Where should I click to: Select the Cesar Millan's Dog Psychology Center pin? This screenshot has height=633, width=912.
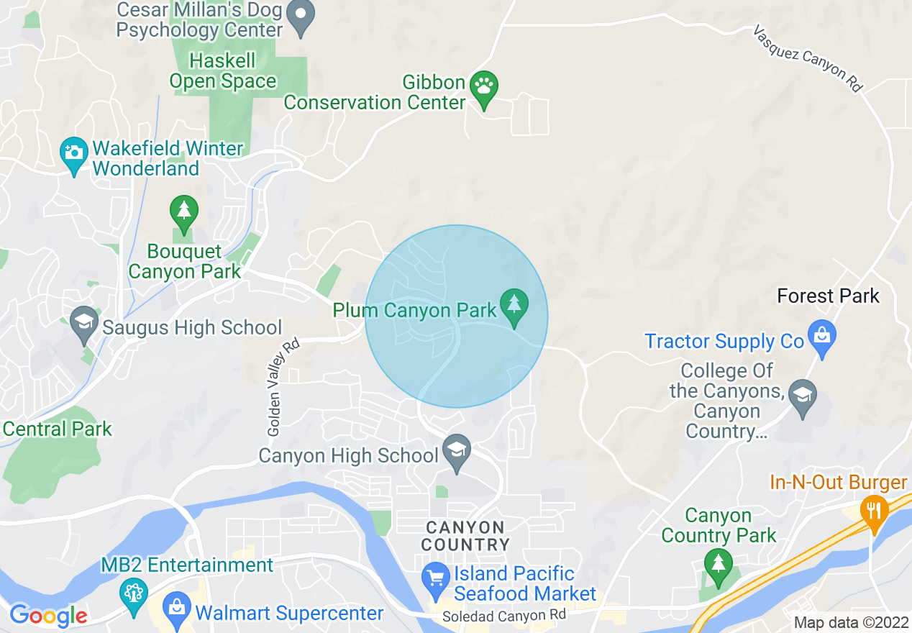[x=300, y=17]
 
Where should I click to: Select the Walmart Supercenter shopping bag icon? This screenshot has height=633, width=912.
[x=176, y=608]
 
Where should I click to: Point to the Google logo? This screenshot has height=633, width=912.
[x=48, y=615]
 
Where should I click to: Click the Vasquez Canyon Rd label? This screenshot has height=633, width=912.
[x=807, y=59]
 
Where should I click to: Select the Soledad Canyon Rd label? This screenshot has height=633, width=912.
[x=504, y=616]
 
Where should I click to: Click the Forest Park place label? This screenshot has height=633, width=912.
[x=829, y=296]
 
